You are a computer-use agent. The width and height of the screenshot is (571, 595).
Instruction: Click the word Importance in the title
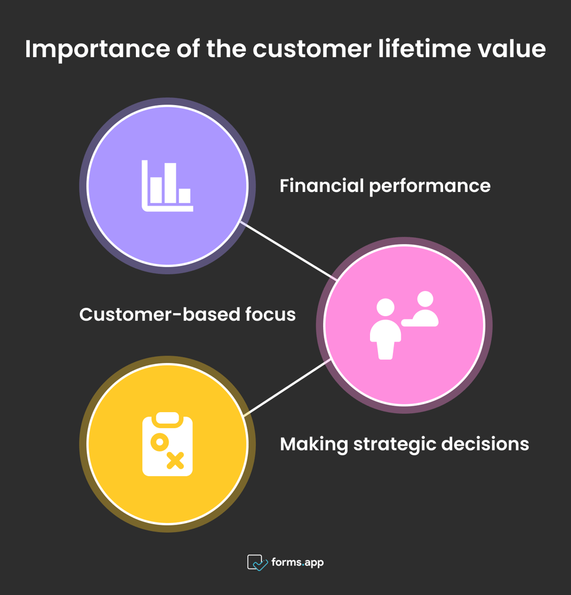[x=98, y=50]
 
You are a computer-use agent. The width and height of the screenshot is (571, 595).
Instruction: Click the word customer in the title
[x=312, y=50]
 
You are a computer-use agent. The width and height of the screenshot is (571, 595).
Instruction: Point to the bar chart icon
[x=167, y=186]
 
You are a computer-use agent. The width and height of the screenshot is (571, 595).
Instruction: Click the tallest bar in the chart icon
[x=170, y=183]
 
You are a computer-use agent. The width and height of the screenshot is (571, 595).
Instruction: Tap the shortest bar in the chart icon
[x=184, y=196]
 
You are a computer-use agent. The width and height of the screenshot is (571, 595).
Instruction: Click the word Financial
[x=321, y=186]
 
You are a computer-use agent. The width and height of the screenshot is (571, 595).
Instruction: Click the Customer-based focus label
[x=187, y=314]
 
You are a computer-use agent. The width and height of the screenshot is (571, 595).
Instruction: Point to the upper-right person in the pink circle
[x=421, y=309]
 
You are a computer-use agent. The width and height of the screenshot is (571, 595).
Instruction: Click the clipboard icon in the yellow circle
[x=167, y=444]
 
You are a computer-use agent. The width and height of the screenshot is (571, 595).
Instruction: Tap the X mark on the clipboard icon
[x=175, y=460]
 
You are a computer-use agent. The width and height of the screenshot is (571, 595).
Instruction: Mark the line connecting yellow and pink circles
[x=287, y=388]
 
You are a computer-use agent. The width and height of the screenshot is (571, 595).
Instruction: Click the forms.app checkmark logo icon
[x=257, y=562]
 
